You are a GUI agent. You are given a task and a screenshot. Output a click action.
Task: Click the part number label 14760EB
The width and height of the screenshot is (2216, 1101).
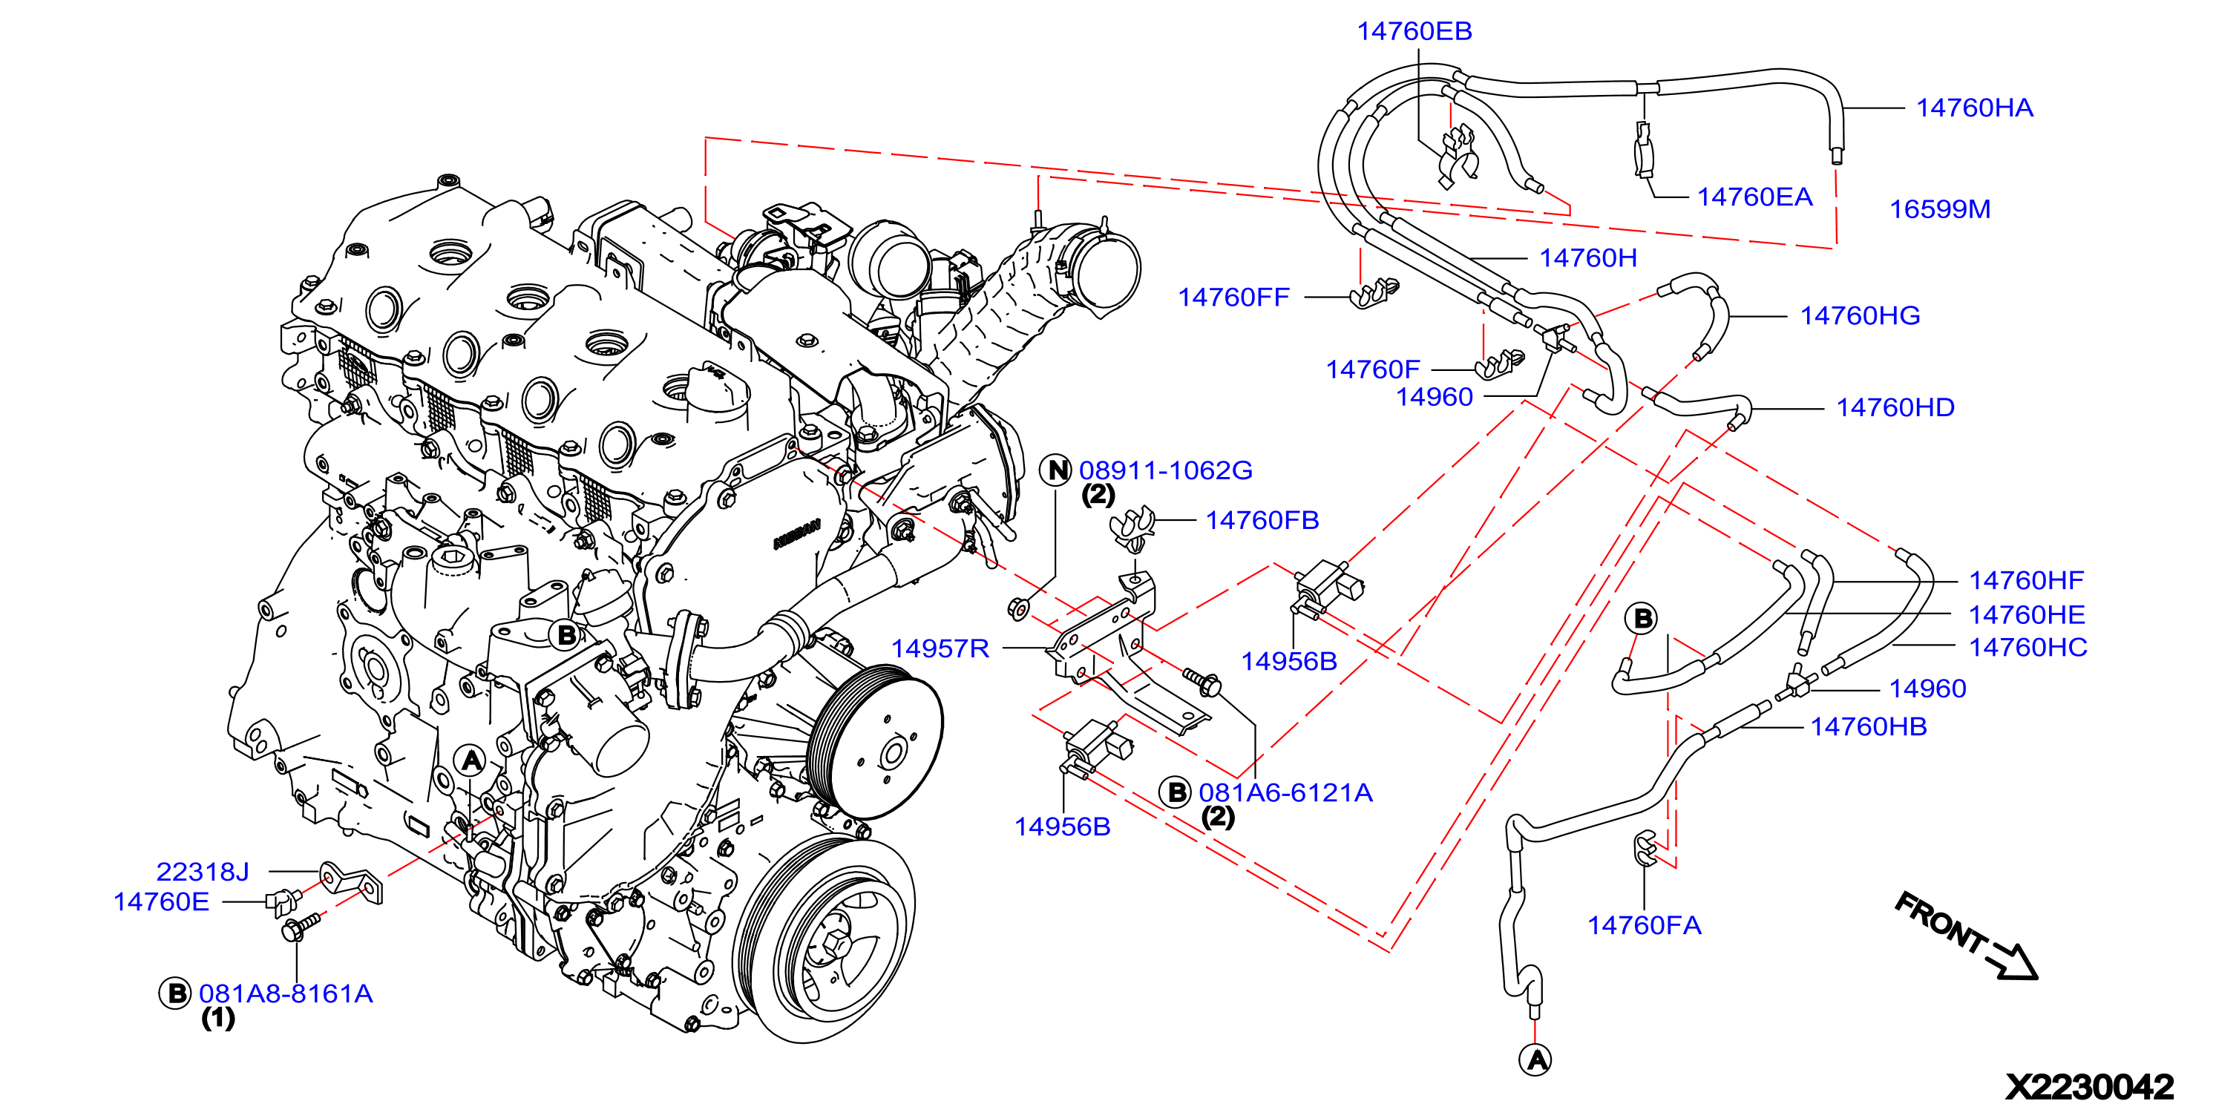pos(1414,32)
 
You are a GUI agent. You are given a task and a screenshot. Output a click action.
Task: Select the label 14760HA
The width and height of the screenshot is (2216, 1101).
pos(1974,108)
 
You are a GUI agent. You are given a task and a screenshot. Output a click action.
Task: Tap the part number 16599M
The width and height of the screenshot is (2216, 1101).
pos(1940,210)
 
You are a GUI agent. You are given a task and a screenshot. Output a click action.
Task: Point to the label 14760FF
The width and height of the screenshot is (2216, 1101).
pos(1233,298)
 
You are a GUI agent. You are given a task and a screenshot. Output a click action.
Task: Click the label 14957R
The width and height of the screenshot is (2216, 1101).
pos(940,648)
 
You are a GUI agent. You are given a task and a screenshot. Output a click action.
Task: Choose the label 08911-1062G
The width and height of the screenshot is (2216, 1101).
pos(1166,470)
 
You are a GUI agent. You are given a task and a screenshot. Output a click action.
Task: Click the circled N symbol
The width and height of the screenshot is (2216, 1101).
pos(1056,470)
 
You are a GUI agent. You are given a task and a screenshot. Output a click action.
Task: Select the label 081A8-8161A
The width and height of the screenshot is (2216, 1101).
pos(286,994)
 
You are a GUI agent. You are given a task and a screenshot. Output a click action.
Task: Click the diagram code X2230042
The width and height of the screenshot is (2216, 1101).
pos(2090,1086)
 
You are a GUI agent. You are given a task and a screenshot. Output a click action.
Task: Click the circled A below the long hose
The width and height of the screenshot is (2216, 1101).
pos(1536,1059)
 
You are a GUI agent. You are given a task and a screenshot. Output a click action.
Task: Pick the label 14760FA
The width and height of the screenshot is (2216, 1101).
pos(1644,925)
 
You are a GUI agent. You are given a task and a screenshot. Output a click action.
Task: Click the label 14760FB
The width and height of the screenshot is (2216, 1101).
pos(1262,520)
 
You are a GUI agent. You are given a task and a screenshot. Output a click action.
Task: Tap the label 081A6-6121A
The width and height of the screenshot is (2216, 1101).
pos(1285,793)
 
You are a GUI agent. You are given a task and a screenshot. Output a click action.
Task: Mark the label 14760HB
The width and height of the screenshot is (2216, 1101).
pos(1869,728)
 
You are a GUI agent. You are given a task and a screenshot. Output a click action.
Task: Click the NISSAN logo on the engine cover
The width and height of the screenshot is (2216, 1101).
pos(796,534)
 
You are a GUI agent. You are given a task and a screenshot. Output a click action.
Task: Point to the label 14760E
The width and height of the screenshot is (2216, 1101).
pos(161,902)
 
